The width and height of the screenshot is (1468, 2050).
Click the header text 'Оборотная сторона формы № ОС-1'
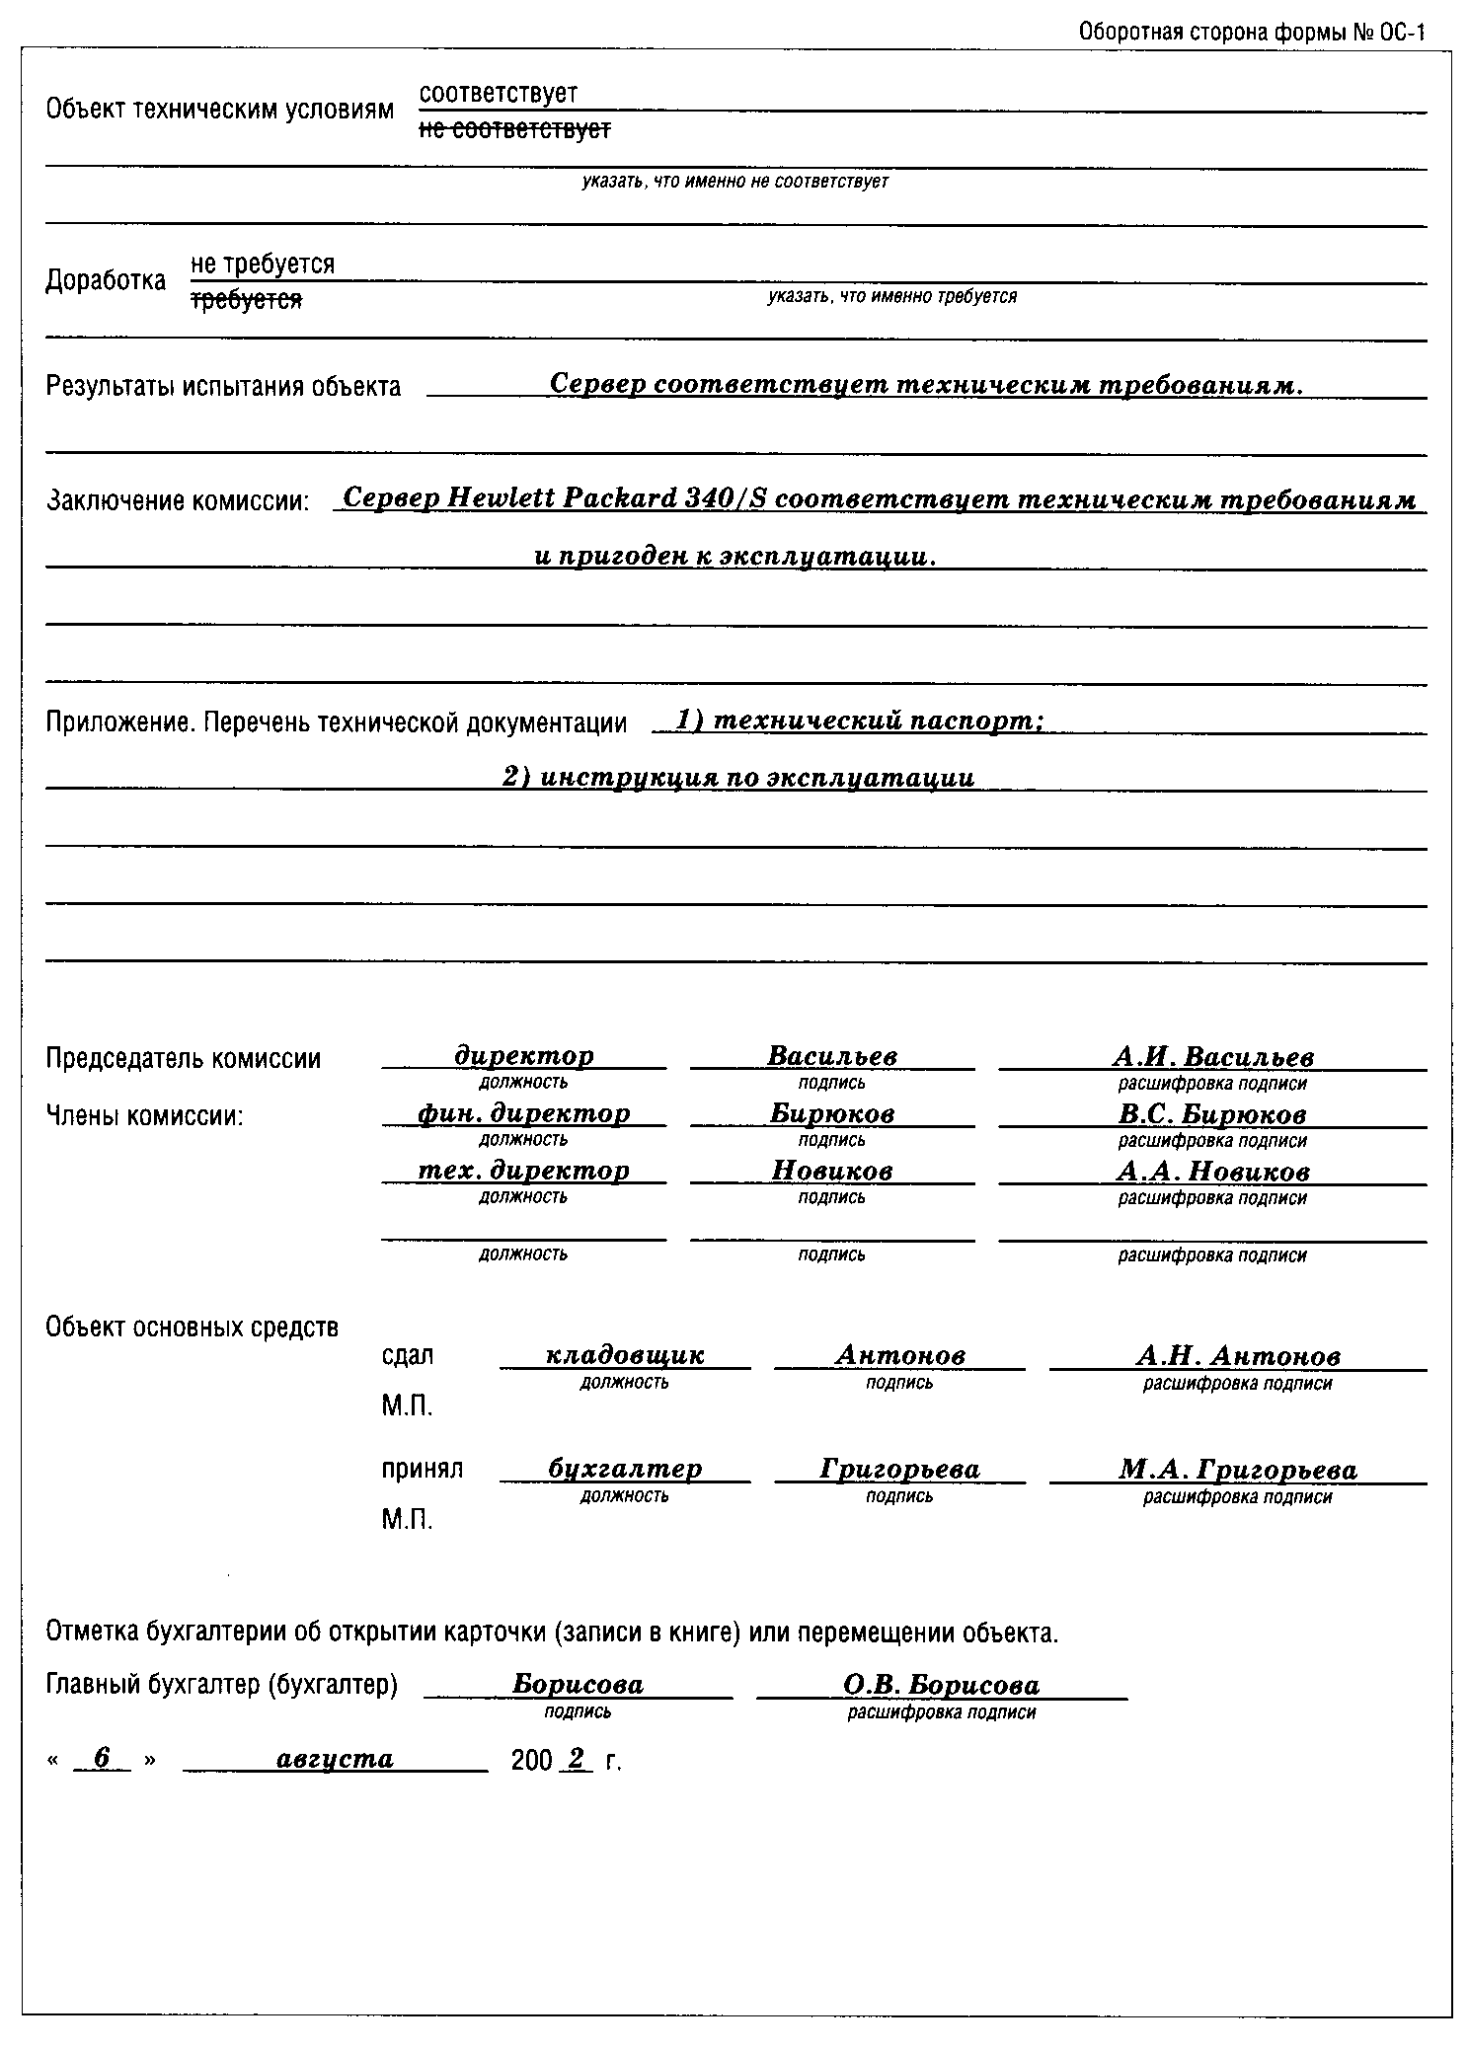point(1252,33)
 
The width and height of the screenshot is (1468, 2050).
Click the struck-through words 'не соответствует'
point(514,129)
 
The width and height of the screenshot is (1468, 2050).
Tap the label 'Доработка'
point(106,281)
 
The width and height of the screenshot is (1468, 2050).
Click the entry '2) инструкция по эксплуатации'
point(737,778)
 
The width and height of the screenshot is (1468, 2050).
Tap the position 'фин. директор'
point(523,1113)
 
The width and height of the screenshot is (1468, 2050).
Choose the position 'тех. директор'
point(523,1171)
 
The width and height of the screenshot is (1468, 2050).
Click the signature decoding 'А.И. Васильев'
point(1212,1057)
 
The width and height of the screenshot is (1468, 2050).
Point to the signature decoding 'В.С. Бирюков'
point(1212,1114)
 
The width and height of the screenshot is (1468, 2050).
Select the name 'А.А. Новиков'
point(1212,1172)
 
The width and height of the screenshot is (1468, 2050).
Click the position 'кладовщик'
point(625,1355)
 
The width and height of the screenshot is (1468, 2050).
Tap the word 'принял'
point(422,1469)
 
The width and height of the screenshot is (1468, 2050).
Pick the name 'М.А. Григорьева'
point(1237,1471)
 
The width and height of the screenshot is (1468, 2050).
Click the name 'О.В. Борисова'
point(941,1685)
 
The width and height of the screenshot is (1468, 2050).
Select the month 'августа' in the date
point(336,1759)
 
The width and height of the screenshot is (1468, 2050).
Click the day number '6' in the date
point(101,1758)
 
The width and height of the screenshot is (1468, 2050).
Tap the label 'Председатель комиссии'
point(184,1059)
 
